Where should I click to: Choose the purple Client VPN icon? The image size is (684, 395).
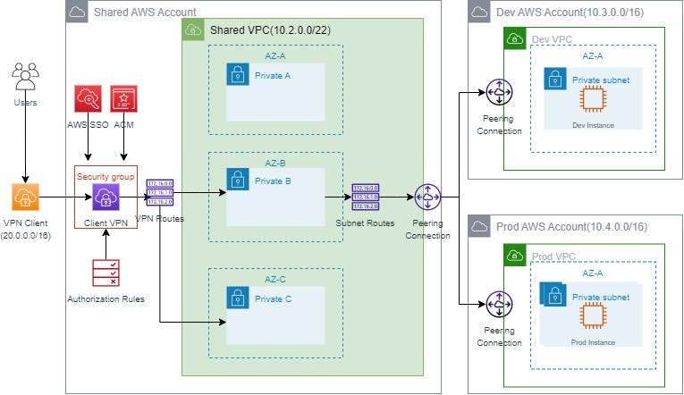pos(106,197)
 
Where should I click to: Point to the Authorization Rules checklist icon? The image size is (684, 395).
pos(106,273)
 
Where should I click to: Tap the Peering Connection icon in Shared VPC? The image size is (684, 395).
pos(428,197)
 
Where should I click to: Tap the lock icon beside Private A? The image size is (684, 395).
pos(237,75)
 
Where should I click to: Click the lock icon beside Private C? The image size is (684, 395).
pos(237,297)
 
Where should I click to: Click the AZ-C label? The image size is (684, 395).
pos(275,278)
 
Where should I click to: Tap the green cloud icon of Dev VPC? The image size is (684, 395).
pos(514,38)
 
